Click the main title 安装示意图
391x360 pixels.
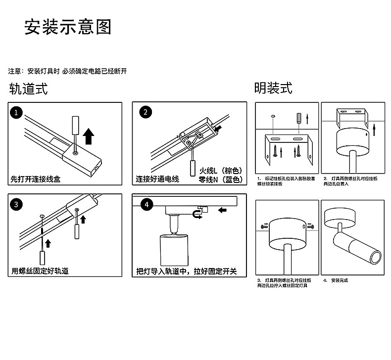pyautogui.click(x=68, y=27)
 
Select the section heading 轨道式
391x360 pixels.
pyautogui.click(x=29, y=89)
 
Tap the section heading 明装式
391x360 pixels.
pyautogui.click(x=273, y=88)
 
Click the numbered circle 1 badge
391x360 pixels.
pyautogui.click(x=17, y=112)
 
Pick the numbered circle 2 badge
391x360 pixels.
pyautogui.click(x=145, y=112)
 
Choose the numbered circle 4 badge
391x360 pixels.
pyautogui.click(x=146, y=204)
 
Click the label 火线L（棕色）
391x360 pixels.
pyautogui.click(x=220, y=171)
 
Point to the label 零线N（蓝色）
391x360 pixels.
pyautogui.click(x=220, y=180)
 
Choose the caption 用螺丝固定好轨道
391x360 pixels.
pyautogui.click(x=40, y=271)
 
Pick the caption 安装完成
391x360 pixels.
pyautogui.click(x=339, y=280)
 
